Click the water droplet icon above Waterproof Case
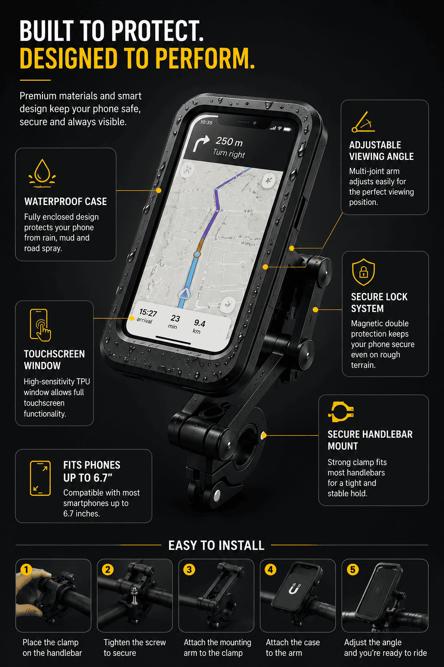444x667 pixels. pos(42,173)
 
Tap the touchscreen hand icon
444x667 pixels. pos(40,325)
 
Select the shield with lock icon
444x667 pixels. pos(363,272)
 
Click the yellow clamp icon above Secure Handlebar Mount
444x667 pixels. pos(341,412)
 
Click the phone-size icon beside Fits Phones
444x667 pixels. pos(40,478)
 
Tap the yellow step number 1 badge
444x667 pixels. pos(26,570)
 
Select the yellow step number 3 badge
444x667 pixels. pos(189,570)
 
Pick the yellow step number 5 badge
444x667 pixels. pos(353,570)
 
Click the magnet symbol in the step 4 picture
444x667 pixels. pos(294,588)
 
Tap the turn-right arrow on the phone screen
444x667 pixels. pos(201,142)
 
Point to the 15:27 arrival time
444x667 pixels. pos(148,313)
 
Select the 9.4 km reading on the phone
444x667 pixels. pos(199,323)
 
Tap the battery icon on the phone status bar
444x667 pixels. pos(287,129)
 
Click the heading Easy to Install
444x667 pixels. pos(216,545)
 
